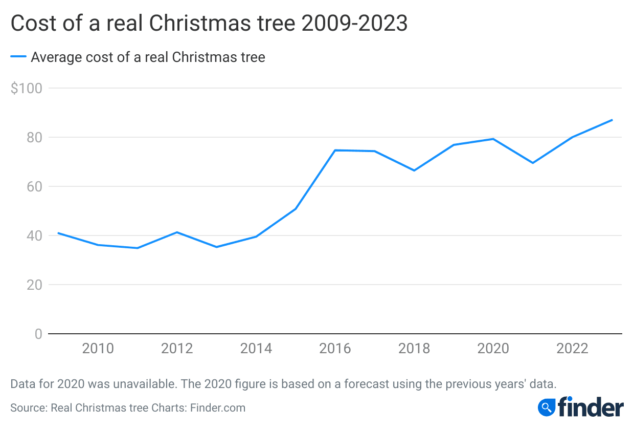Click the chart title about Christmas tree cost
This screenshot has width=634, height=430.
click(x=209, y=24)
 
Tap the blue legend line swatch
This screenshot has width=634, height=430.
click(x=18, y=57)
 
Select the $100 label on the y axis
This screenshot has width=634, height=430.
click(x=26, y=88)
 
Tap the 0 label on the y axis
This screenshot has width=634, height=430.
click(x=38, y=334)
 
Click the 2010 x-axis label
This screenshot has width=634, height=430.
click(x=98, y=349)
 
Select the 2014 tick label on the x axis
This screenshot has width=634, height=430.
click(x=256, y=349)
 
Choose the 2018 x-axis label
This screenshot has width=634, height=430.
click(x=414, y=349)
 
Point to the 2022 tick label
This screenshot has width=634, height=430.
click(x=572, y=349)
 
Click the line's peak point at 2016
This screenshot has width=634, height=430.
click(x=335, y=150)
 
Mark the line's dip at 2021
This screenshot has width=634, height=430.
click(x=533, y=163)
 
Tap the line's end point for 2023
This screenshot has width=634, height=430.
click(x=612, y=120)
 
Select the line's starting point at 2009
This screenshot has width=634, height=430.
click(x=58, y=233)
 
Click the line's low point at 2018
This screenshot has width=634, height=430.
click(x=414, y=170)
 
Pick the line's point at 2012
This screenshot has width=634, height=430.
click(x=177, y=232)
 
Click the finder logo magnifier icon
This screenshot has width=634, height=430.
click(x=547, y=407)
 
